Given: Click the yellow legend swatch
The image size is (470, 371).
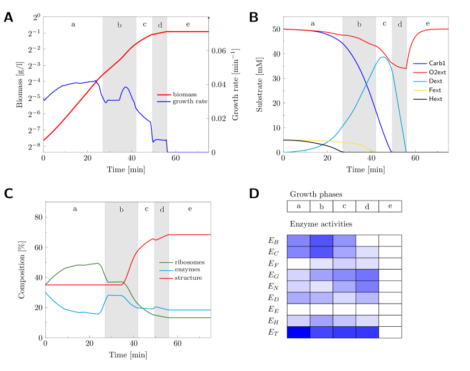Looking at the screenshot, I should pyautogui.click(x=420, y=90).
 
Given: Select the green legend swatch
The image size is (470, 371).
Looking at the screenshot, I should pyautogui.click(x=166, y=262).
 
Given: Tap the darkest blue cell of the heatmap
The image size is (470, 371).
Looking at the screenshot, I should pyautogui.click(x=298, y=332).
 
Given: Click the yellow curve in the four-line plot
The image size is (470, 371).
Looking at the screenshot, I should pyautogui.click(x=317, y=140).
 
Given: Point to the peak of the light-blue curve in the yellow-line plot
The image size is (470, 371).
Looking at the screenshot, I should pyautogui.click(x=383, y=57).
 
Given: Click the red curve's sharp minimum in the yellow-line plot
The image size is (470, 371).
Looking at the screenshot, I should pyautogui.click(x=404, y=68).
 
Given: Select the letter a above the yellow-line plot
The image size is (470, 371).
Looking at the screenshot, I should pyautogui.click(x=313, y=24).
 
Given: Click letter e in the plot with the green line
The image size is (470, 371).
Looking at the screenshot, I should pyautogui.click(x=190, y=209).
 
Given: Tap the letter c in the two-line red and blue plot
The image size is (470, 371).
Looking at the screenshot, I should pyautogui.click(x=145, y=25).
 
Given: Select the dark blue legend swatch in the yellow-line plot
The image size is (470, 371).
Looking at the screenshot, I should pyautogui.click(x=420, y=64).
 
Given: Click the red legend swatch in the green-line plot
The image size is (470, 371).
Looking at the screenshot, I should pyautogui.click(x=166, y=278).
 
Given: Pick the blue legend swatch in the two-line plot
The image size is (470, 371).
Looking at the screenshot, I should pyautogui.click(x=164, y=101).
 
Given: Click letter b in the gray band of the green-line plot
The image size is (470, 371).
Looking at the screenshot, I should pyautogui.click(x=121, y=210).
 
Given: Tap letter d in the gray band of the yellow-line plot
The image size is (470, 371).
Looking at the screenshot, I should pyautogui.click(x=400, y=24).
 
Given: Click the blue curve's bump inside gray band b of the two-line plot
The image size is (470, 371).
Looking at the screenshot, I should pyautogui.click(x=126, y=88).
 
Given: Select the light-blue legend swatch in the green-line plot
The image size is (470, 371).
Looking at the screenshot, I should pyautogui.click(x=166, y=270).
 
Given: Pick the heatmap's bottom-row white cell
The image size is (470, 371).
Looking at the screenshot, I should pyautogui.click(x=390, y=332).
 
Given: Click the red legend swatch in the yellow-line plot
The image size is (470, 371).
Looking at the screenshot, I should pyautogui.click(x=420, y=73).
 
